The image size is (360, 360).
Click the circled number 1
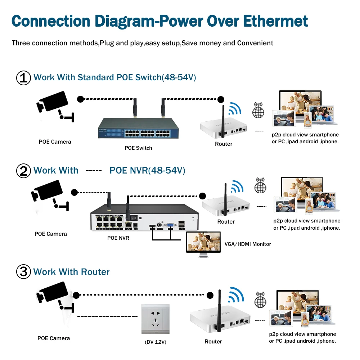[x=23, y=78]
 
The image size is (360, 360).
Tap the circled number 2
[x=23, y=171]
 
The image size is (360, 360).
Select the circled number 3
[x=23, y=272]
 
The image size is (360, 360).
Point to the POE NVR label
[x=118, y=238]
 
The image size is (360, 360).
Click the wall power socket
[x=155, y=319]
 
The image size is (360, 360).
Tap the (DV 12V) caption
[x=156, y=342]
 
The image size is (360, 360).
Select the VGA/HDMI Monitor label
[x=248, y=244]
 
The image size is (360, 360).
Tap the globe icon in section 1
[x=258, y=111]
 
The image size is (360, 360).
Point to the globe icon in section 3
[x=260, y=300]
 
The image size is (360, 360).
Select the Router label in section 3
[x=213, y=341]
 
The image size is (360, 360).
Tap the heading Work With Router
[x=71, y=272]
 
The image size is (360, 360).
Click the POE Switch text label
[x=138, y=148]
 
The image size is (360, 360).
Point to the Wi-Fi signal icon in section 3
[x=237, y=293]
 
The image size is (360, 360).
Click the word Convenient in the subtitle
[x=255, y=43]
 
